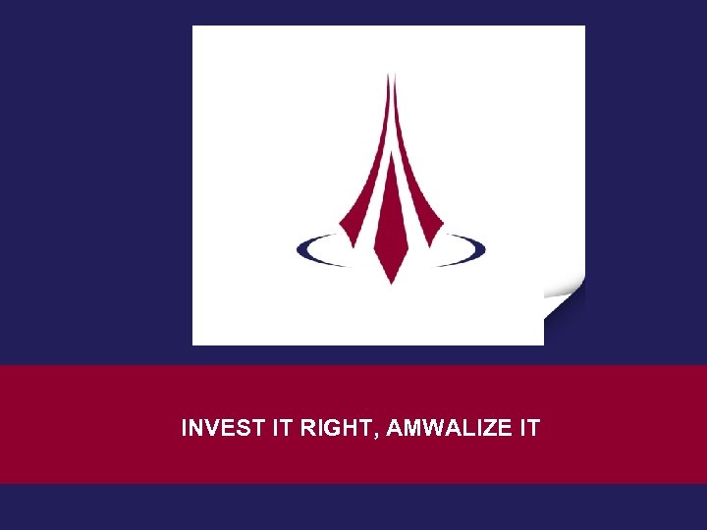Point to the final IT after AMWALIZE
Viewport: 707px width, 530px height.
tap(529, 428)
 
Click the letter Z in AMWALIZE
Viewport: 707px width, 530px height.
tap(481, 428)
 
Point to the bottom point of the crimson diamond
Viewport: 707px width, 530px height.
tap(391, 283)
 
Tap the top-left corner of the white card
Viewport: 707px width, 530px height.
tap(193, 27)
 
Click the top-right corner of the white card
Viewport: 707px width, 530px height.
tap(583, 27)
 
